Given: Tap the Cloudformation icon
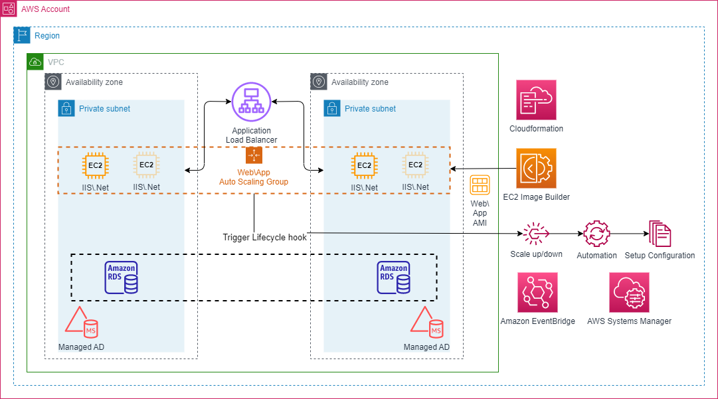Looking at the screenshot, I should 536,100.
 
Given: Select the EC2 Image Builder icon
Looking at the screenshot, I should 536,169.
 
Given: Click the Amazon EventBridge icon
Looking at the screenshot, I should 538,292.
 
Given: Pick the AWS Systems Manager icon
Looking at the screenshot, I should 629,292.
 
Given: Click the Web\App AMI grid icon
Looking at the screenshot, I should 480,185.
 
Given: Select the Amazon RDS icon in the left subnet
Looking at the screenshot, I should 122,278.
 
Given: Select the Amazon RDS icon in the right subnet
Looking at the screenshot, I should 394,278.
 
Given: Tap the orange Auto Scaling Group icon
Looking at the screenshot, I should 254,155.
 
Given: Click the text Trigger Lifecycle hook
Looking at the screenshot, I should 265,237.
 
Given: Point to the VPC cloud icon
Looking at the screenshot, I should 35,62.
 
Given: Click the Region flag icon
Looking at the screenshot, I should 22,35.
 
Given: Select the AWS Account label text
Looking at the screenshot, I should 45,9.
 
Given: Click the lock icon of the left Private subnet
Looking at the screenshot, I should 66,108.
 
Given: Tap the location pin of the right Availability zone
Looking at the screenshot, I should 319,82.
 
